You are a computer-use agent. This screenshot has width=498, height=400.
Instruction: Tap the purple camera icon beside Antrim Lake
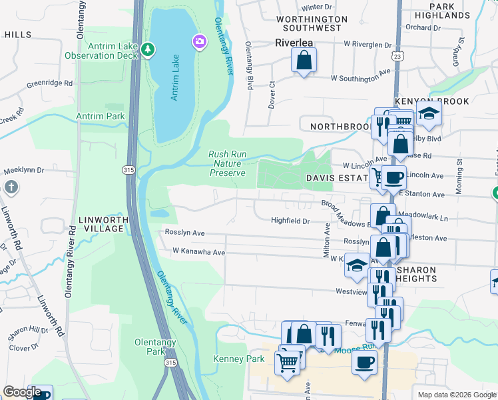click(x=198, y=42)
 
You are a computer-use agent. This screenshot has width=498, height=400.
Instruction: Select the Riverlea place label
click(x=294, y=42)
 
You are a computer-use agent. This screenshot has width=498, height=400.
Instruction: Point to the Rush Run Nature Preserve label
click(x=228, y=163)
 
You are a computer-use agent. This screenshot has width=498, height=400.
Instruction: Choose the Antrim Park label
click(x=101, y=116)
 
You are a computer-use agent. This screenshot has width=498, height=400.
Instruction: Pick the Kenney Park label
click(x=238, y=359)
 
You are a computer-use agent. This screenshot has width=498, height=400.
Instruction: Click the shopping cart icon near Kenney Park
click(x=288, y=364)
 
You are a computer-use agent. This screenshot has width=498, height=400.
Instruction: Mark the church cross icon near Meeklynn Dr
click(x=10, y=187)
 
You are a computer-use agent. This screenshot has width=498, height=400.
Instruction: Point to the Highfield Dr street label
click(x=291, y=221)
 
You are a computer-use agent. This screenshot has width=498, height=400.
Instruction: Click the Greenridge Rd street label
click(x=49, y=84)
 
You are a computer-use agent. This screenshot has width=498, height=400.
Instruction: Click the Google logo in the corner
click(x=22, y=392)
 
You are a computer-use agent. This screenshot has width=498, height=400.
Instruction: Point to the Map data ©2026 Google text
click(x=456, y=395)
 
